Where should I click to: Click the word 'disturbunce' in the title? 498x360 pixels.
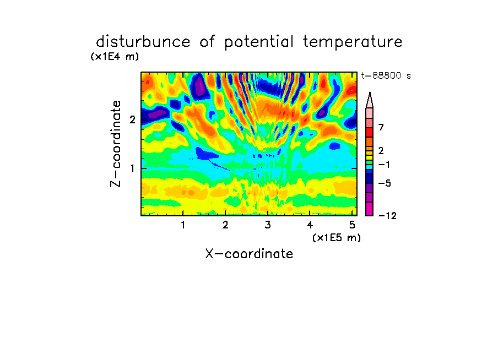click(143, 42)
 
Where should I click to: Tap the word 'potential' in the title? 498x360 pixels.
click(259, 42)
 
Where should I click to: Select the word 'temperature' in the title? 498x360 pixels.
click(353, 42)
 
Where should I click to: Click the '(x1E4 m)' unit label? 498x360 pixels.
click(115, 57)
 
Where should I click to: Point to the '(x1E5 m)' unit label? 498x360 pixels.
click(337, 238)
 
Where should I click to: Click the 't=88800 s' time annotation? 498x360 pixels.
click(386, 75)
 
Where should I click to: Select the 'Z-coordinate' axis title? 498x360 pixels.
click(116, 144)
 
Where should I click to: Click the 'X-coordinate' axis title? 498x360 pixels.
click(249, 254)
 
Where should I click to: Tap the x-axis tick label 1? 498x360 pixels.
click(183, 225)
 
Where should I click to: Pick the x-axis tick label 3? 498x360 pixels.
click(268, 225)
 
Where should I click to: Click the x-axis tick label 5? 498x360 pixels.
click(352, 225)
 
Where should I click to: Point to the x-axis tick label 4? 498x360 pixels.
click(310, 225)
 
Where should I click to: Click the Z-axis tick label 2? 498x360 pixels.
click(132, 119)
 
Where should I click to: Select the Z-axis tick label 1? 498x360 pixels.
click(132, 168)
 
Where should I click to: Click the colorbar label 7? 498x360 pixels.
click(381, 127)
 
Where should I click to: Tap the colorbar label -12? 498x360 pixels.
click(387, 216)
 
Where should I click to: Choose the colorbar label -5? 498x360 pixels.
click(385, 183)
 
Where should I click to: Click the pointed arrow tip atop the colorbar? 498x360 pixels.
click(370, 92)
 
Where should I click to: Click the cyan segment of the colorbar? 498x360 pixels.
click(370, 167)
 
